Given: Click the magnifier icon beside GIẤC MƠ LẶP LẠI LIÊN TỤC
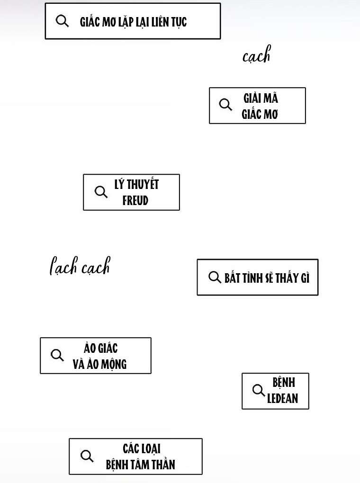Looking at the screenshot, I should point(63,21).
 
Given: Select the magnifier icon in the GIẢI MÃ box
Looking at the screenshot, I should point(226,105).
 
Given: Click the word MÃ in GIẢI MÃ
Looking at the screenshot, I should point(270,98).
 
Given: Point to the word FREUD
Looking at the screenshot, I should point(135,201).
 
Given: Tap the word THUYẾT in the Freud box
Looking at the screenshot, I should point(143,184).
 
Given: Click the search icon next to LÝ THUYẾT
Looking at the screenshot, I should point(101,192).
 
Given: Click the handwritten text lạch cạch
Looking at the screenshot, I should point(80,267).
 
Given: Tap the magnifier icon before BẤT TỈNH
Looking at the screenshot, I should point(215,277).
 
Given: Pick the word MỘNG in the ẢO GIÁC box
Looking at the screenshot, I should point(113,365).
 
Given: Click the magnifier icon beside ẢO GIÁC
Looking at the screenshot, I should point(57,355).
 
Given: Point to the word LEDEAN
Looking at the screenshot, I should point(283,399).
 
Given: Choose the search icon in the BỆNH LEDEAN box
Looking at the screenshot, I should point(259,391).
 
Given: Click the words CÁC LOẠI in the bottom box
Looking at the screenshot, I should point(142,448).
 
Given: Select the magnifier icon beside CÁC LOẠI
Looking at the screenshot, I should point(87,456).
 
